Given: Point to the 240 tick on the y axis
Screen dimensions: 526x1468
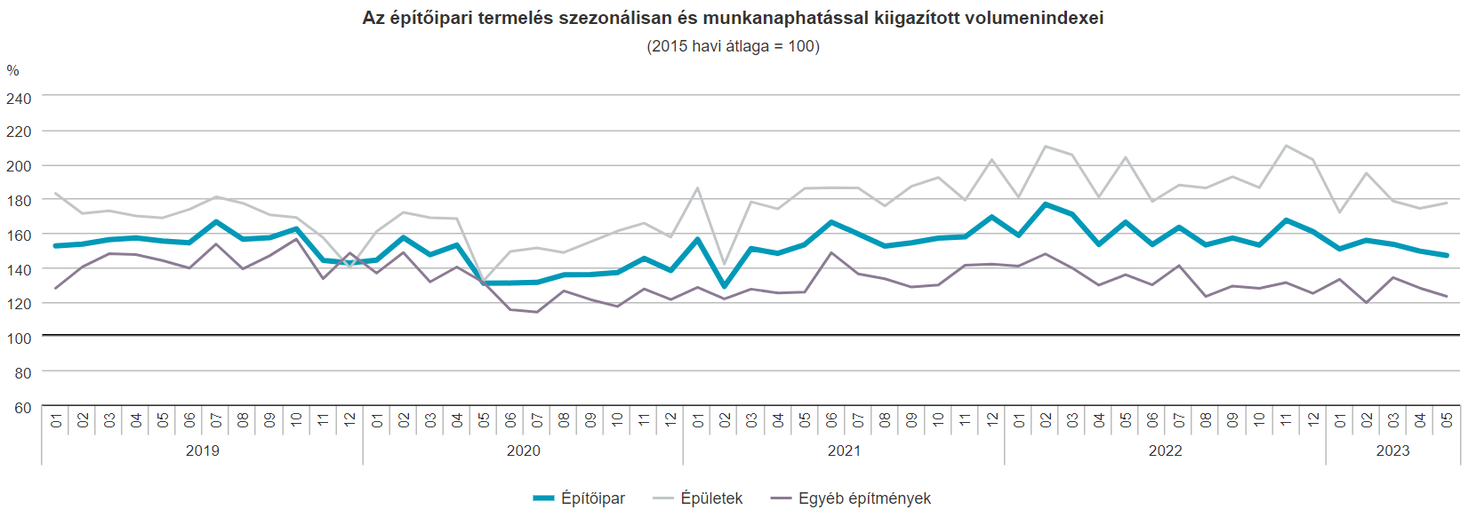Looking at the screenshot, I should click(x=19, y=99).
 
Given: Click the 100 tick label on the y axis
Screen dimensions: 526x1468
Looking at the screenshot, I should click(x=19, y=339).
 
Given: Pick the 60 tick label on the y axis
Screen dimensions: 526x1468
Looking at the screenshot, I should click(x=22, y=408).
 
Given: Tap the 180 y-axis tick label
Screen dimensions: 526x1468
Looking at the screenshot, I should click(x=19, y=201).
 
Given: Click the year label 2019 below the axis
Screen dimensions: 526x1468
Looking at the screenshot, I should click(x=203, y=450).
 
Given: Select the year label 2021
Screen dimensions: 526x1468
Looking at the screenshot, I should click(x=844, y=450).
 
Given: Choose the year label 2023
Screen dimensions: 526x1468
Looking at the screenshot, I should click(x=1392, y=450).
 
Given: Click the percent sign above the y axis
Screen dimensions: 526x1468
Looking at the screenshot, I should click(x=12, y=71).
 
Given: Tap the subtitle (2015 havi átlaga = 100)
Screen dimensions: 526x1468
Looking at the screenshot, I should click(x=733, y=46).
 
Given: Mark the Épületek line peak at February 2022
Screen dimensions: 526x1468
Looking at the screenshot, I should click(x=1046, y=147).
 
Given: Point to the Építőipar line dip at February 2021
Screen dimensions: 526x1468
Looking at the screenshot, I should click(x=725, y=286).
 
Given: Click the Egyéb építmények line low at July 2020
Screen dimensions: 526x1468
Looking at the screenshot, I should click(x=537, y=312).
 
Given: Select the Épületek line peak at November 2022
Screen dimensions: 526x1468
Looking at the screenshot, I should click(x=1286, y=146).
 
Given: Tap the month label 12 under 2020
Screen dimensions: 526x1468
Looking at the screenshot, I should click(x=671, y=419).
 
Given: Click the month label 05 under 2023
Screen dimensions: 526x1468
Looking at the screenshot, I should click(x=1447, y=419).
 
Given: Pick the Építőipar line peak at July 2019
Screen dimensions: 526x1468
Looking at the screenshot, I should click(x=216, y=222).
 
